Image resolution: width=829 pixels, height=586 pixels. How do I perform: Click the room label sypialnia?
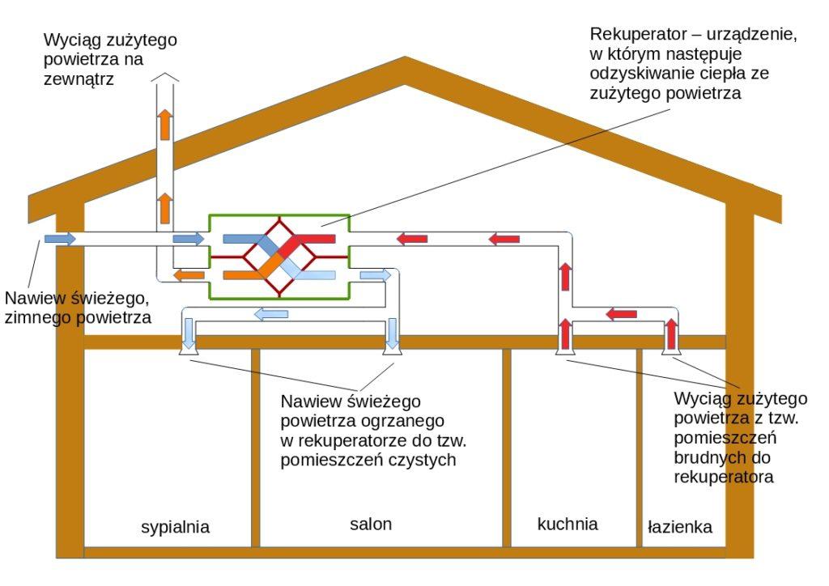(x=175, y=528)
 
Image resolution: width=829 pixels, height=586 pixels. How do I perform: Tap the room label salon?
(x=371, y=524)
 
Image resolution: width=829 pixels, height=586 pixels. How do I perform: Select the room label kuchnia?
(x=568, y=524)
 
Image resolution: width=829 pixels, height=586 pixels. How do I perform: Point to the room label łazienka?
(x=680, y=527)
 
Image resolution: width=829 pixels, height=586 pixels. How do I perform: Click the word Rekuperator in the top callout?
(x=636, y=34)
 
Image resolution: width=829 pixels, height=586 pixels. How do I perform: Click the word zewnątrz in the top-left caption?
(x=79, y=79)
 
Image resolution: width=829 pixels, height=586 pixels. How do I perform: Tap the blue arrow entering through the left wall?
(x=60, y=239)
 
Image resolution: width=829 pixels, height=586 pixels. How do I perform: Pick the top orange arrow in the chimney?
(x=165, y=124)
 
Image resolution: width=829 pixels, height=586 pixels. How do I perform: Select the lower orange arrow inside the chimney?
(x=165, y=208)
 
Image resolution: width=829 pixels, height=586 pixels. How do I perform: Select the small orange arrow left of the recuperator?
(x=189, y=274)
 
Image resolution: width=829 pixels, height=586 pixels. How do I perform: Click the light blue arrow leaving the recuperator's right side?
(x=376, y=274)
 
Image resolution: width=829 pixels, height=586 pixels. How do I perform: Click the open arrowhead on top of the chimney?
(x=165, y=78)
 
